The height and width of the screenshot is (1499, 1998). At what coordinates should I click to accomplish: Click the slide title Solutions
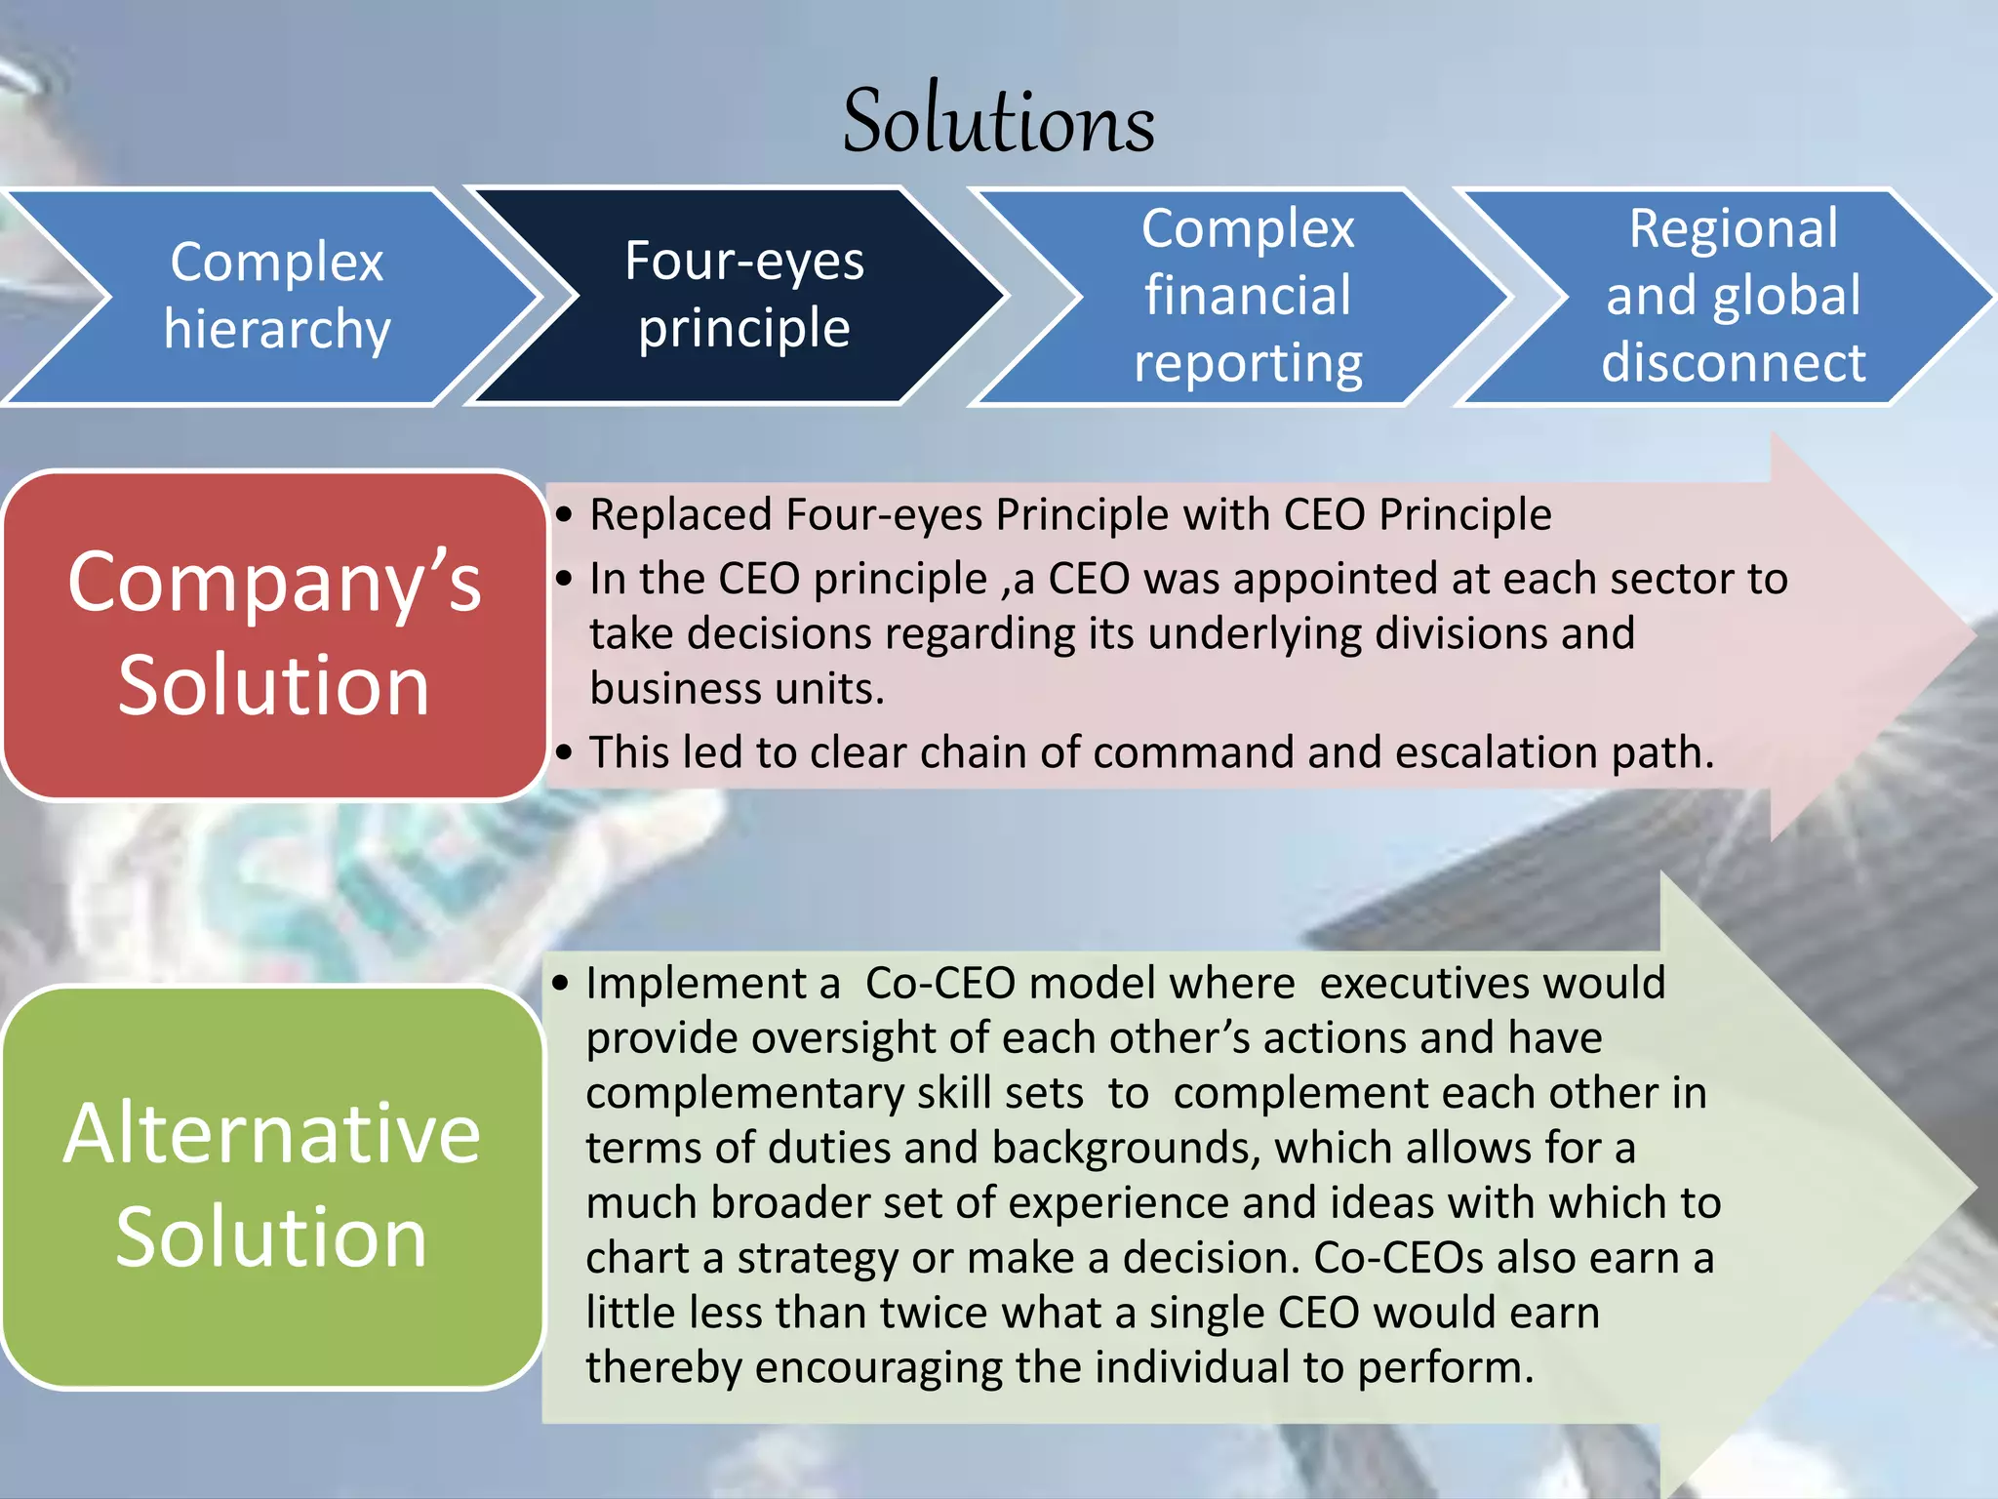[998, 122]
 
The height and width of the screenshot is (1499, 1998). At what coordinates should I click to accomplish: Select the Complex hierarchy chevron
[276, 296]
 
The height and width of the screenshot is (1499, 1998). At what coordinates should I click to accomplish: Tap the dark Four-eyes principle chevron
[743, 295]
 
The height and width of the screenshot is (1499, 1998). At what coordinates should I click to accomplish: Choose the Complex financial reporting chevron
[1248, 296]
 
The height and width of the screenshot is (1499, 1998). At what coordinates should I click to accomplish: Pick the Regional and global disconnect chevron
[1733, 296]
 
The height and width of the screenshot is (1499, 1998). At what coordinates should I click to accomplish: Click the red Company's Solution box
[274, 634]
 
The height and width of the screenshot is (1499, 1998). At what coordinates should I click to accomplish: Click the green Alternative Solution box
[272, 1186]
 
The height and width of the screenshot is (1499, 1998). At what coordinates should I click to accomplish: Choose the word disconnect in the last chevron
[1733, 362]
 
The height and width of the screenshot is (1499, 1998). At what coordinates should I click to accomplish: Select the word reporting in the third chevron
[1248, 364]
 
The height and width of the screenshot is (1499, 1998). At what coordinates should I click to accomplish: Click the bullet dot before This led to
[564, 753]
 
